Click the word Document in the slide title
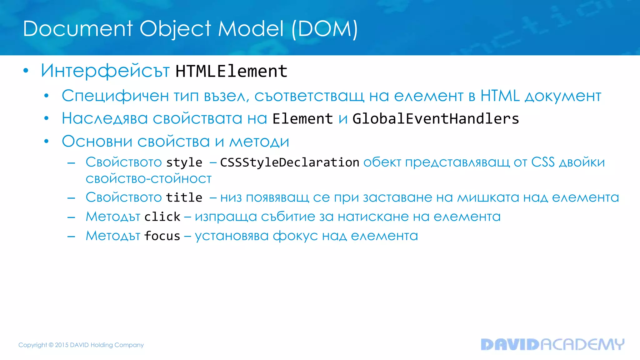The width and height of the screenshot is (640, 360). (x=78, y=29)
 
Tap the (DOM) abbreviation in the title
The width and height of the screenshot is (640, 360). (x=324, y=29)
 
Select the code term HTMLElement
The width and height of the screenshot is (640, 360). (x=231, y=71)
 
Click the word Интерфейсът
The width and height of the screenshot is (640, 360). (x=105, y=71)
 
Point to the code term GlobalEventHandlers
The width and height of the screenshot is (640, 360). (x=436, y=119)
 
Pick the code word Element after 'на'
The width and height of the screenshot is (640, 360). (x=302, y=119)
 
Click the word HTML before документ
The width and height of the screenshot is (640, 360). (x=500, y=96)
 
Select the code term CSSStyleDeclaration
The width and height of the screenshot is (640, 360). (x=289, y=162)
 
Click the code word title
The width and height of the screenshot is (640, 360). (x=184, y=197)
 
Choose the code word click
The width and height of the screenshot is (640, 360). (x=162, y=217)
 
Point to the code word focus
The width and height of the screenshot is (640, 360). (x=162, y=236)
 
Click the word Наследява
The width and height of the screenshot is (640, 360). (x=105, y=119)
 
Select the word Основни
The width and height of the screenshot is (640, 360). (x=97, y=142)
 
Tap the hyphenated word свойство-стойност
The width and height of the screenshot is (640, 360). (x=149, y=179)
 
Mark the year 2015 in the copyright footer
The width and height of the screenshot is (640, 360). (x=62, y=345)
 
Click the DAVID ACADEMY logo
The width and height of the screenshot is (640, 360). (x=552, y=344)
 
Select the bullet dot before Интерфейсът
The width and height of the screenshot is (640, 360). (x=26, y=71)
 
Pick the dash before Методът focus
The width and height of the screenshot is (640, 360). (x=71, y=237)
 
